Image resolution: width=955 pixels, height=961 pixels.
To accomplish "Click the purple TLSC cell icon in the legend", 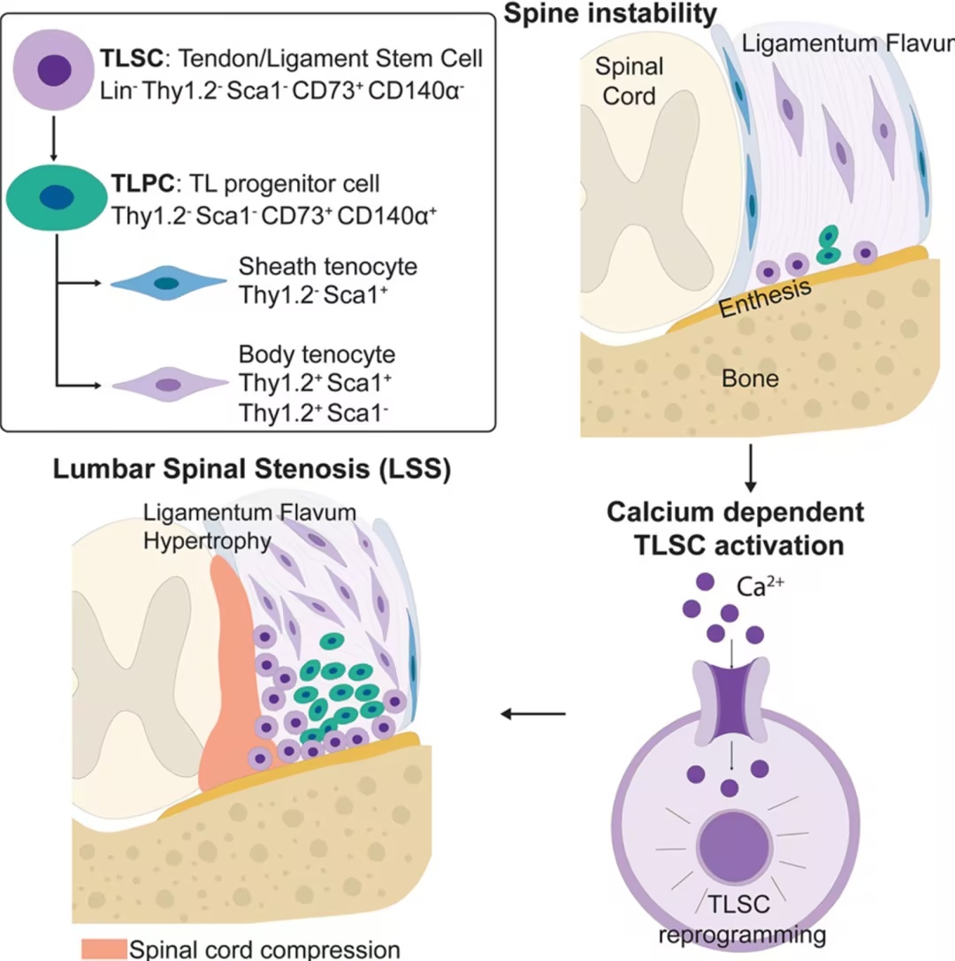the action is click(54, 70).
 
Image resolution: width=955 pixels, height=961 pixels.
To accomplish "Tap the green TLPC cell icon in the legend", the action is click(57, 197).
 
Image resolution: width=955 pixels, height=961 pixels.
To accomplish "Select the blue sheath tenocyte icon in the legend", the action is click(168, 283).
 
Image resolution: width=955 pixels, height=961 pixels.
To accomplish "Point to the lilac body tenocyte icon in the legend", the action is click(170, 385).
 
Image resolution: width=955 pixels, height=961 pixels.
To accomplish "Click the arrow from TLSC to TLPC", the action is click(54, 138).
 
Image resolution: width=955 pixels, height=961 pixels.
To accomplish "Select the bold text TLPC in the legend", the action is click(143, 183).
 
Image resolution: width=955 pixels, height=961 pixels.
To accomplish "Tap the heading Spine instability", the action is click(610, 13).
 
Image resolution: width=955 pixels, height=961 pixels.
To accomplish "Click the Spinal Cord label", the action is click(629, 81).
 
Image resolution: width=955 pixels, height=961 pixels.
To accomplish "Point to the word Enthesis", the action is click(765, 297).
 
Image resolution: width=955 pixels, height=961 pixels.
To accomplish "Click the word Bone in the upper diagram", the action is click(750, 378).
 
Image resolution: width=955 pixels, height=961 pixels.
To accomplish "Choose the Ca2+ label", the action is click(760, 586).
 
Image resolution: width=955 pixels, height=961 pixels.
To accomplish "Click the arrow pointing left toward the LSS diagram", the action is click(533, 714).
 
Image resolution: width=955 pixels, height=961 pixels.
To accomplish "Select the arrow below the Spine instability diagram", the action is click(750, 469).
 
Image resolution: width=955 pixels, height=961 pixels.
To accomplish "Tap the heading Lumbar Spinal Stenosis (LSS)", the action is click(252, 469).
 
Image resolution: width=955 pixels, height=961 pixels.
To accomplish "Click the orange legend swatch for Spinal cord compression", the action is click(104, 948).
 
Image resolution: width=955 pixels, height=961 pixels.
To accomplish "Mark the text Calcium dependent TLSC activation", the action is click(736, 529).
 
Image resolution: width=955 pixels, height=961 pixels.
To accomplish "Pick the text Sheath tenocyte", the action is click(328, 267).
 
